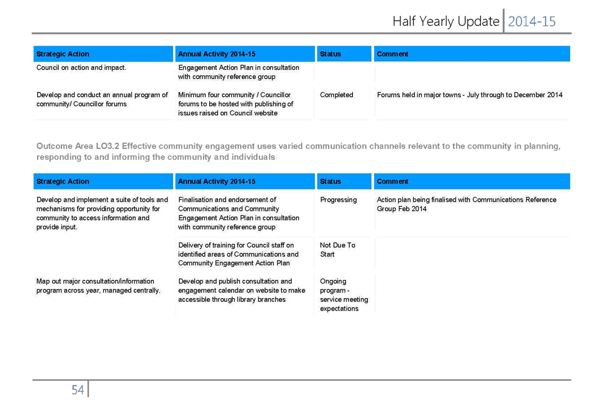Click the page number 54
tap(78, 390)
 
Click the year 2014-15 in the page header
tap(532, 22)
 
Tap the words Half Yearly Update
tap(446, 22)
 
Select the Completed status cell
tap(336, 95)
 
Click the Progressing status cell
tap(338, 200)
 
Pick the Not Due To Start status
tap(337, 250)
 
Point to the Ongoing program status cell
tap(344, 295)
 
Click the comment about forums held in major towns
tap(470, 95)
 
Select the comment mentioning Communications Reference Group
tap(467, 204)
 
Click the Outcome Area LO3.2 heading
tap(299, 151)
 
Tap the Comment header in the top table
tap(393, 54)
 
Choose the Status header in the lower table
tap(330, 181)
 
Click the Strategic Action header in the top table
tap(63, 54)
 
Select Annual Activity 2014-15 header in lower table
tap(217, 181)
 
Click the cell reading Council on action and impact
tap(81, 68)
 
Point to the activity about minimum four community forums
tap(235, 104)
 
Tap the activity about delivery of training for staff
tap(238, 254)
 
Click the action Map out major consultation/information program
tap(99, 286)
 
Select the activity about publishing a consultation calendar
tap(241, 290)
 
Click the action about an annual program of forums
tap(102, 99)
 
